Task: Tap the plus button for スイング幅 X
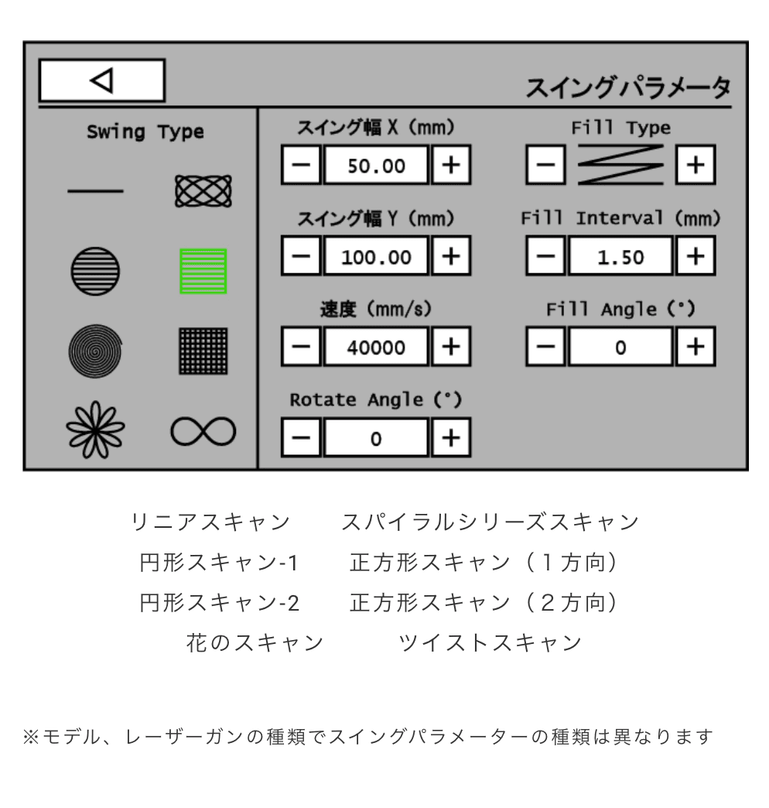pos(451,164)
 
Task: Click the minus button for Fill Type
pos(547,164)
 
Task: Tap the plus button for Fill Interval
pos(696,257)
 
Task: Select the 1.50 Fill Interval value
pos(621,257)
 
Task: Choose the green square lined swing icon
pos(203,271)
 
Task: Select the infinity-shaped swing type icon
pos(203,430)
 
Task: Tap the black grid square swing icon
pos(203,350)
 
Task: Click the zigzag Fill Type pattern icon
pos(621,164)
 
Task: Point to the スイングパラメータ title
pos(627,87)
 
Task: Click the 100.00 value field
pos(375,257)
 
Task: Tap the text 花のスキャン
pos(254,642)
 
